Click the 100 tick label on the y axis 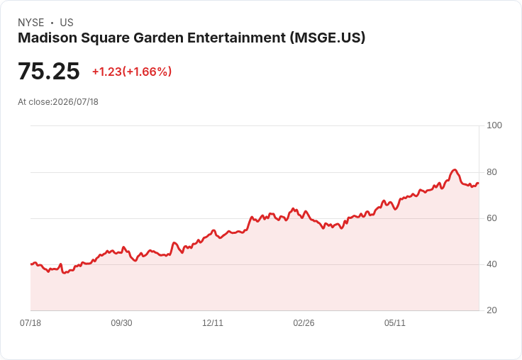(494, 125)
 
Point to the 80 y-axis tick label (492, 172)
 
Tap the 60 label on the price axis (492, 218)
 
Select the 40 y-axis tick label (492, 264)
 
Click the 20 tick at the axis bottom (492, 310)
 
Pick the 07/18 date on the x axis (30, 323)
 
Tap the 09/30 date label (121, 323)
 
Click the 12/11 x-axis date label (213, 323)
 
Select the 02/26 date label (304, 323)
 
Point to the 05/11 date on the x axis (395, 323)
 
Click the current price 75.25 (49, 72)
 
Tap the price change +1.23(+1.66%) (132, 72)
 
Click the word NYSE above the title (31, 23)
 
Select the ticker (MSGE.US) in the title (328, 38)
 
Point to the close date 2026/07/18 (76, 102)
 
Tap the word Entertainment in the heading (236, 38)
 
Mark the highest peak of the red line (455, 170)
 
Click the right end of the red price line (478, 183)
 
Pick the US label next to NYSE (67, 23)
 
